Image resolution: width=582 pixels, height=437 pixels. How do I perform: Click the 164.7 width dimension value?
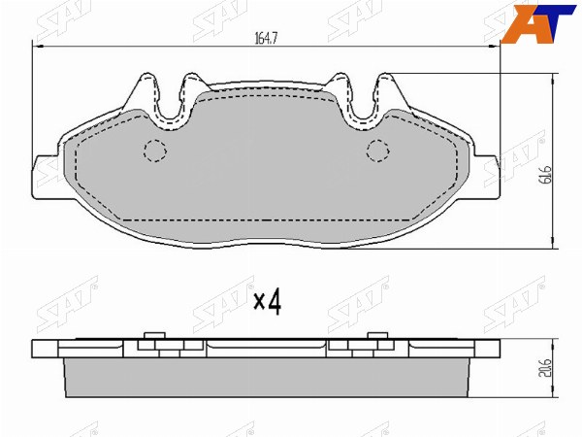(266, 38)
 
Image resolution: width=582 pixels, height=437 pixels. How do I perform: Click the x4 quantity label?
(268, 302)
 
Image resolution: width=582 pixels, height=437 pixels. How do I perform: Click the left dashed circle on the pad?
(155, 151)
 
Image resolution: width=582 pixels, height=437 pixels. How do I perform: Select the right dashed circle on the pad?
(378, 151)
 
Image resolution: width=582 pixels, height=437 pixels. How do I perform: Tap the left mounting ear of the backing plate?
(46, 177)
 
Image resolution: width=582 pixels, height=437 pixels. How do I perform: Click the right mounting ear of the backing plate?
(487, 177)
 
